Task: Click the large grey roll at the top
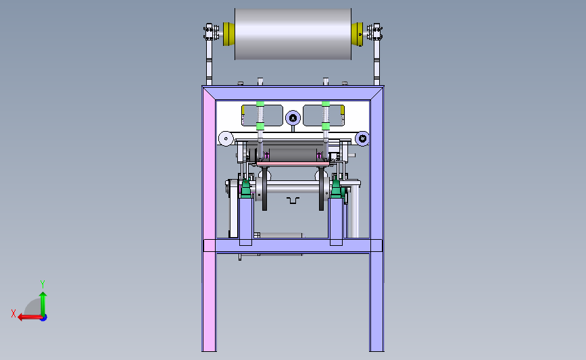pos(293,34)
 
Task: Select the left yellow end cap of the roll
pos(228,34)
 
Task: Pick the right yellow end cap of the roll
pos(357,34)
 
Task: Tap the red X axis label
pos(14,313)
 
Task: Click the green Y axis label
pos(43,284)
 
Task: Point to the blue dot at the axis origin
pos(43,318)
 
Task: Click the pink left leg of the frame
pos(209,220)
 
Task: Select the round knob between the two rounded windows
pos(293,118)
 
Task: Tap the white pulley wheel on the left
pos(225,138)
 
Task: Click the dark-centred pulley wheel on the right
pos(362,138)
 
